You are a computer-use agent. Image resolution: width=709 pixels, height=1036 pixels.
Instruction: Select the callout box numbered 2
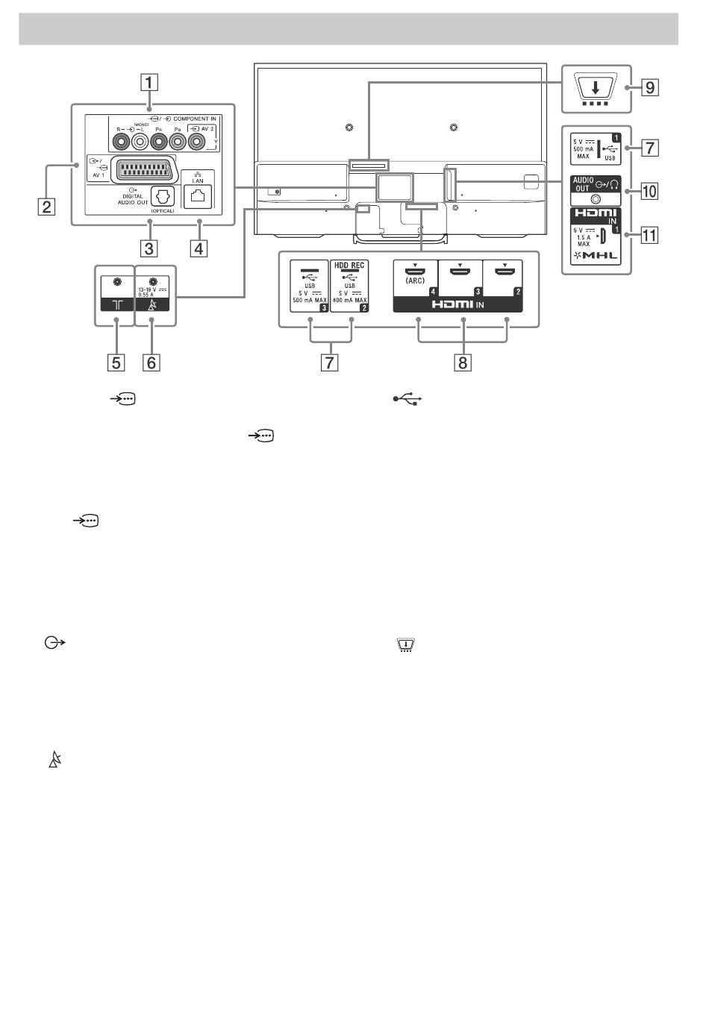pos(46,206)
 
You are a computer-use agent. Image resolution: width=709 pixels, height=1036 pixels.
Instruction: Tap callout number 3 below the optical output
pos(150,246)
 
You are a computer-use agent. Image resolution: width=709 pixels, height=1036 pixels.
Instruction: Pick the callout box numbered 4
pos(199,246)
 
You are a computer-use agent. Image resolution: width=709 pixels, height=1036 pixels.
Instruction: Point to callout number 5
pos(115,362)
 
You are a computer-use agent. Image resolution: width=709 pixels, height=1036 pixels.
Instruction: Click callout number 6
pos(151,362)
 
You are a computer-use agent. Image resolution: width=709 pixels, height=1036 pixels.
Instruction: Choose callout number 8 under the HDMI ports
pos(463,362)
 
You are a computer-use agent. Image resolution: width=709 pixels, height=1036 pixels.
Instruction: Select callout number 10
pos(651,191)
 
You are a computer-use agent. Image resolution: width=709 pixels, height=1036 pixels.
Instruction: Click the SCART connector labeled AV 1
pos(142,166)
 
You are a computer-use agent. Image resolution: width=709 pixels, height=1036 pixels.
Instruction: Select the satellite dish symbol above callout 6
pos(153,304)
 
